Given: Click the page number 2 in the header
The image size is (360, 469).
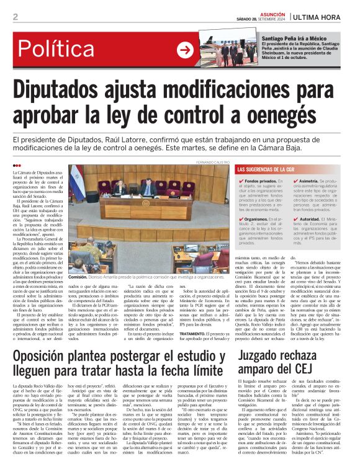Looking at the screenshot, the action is pos(15,17).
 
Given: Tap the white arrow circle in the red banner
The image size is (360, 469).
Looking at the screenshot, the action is pos(185,50).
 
